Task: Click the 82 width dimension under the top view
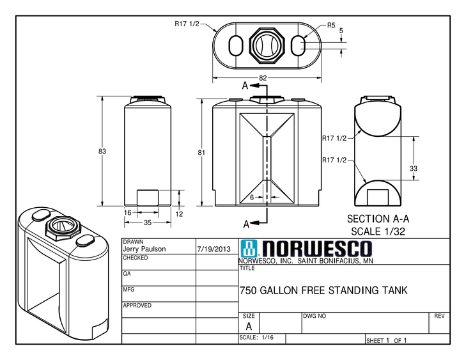(x=263, y=79)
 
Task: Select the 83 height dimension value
(x=102, y=152)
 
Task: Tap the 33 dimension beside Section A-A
(x=414, y=168)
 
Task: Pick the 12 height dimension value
(x=180, y=214)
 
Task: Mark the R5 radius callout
(x=331, y=26)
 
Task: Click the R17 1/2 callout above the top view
(x=187, y=24)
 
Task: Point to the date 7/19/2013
(x=214, y=249)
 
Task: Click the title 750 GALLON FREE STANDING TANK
(x=323, y=290)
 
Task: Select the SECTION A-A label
(x=378, y=217)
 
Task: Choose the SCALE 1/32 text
(x=378, y=230)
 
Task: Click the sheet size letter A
(x=249, y=325)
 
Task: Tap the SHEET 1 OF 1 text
(x=386, y=341)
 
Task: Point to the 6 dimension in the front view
(x=252, y=198)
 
